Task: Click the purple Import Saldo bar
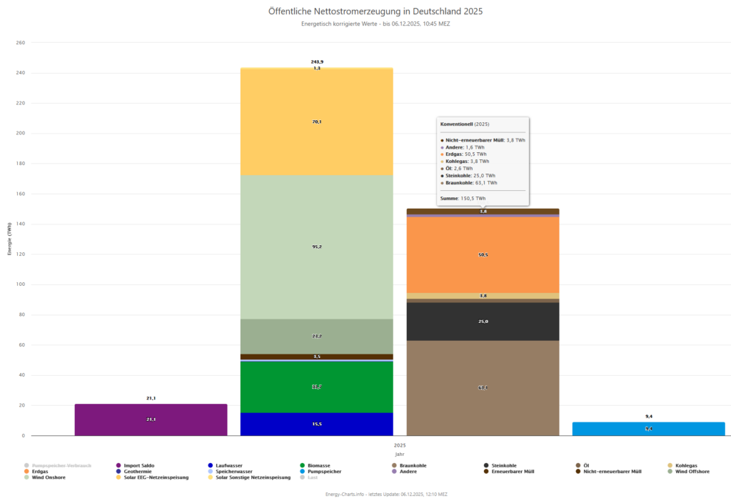(x=151, y=420)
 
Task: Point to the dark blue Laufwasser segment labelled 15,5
(x=316, y=424)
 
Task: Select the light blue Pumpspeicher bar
(x=648, y=429)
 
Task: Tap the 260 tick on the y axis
(x=20, y=43)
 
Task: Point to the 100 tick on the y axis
(x=20, y=284)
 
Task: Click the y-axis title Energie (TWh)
(x=10, y=239)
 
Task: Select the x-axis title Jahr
(x=399, y=454)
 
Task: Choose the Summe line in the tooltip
(x=463, y=198)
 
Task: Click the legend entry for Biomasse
(x=318, y=465)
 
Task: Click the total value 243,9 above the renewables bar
(x=317, y=62)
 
